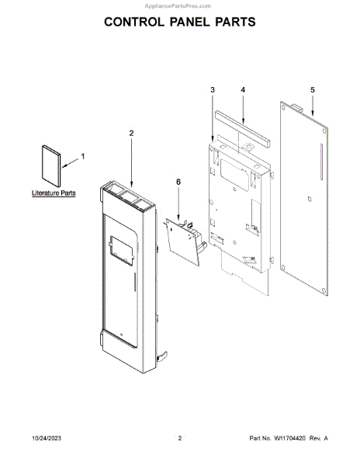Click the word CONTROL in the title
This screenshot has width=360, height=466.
134,23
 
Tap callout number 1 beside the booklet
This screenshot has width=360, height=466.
83,156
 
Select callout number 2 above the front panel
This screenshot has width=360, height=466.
131,133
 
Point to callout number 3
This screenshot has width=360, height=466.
213,90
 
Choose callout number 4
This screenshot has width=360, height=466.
243,90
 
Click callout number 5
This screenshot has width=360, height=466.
313,90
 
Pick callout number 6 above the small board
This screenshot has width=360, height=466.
178,182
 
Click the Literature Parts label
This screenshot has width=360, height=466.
54,193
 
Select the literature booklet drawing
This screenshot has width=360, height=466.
51,166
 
